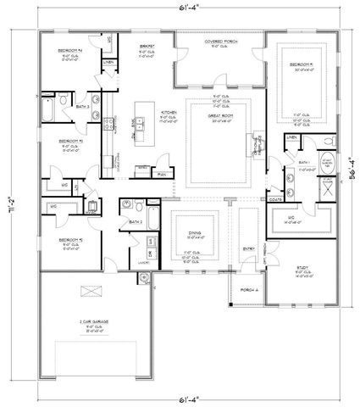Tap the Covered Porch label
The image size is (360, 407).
pos(221,41)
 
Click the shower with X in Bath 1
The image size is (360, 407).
pos(326,187)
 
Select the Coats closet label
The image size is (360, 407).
pos(274,201)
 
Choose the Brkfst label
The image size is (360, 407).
pos(146,41)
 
